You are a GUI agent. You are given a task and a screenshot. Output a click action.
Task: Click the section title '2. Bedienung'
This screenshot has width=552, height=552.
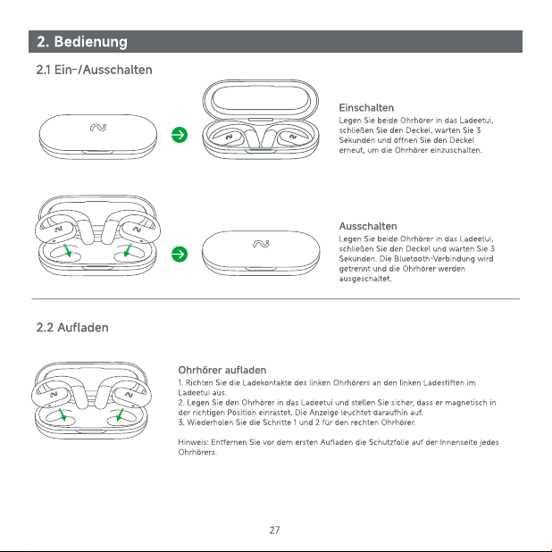82,42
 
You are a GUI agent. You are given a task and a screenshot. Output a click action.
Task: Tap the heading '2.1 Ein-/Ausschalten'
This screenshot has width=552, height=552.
95,70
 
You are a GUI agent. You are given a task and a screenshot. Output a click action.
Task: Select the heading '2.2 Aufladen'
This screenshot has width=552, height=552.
72,328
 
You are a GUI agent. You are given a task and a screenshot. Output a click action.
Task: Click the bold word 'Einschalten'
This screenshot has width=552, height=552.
366,108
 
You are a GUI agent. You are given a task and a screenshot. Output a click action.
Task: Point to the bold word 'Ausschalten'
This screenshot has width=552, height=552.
368,226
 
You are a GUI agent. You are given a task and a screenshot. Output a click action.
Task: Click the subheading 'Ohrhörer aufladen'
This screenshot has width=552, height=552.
222,370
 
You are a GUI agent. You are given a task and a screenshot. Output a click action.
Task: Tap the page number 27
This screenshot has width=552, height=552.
274,531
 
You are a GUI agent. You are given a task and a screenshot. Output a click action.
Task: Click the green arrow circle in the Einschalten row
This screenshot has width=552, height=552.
180,135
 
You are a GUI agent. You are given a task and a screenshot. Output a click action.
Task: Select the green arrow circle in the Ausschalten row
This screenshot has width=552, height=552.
180,255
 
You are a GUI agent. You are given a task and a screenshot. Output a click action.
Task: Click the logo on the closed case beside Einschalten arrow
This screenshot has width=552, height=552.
98,127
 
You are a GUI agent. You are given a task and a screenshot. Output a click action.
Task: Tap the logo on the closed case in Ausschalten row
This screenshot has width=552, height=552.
261,244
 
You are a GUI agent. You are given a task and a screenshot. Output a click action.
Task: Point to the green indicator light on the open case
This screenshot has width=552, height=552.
261,150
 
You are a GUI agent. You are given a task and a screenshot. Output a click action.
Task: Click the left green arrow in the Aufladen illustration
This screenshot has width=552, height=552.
63,414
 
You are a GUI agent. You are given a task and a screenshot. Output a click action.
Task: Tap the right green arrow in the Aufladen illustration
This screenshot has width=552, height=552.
120,414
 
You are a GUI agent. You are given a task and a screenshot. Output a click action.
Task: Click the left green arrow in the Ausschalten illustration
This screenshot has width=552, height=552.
67,250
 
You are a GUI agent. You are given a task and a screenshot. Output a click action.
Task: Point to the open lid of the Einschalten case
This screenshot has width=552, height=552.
261,98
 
